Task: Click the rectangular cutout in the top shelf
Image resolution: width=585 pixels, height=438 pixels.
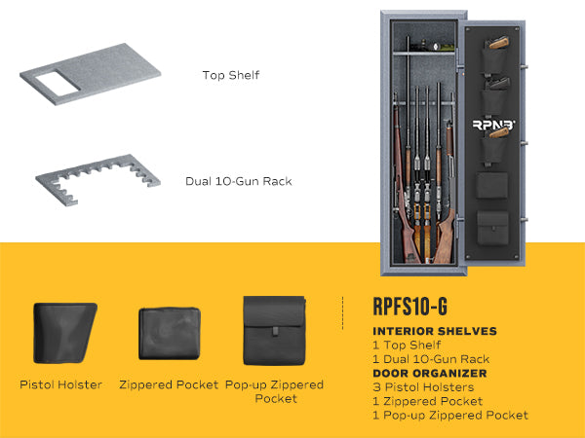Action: [58, 84]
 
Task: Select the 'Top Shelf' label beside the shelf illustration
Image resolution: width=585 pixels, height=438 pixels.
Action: [231, 75]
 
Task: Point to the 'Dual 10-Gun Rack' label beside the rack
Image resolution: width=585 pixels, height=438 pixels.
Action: [239, 181]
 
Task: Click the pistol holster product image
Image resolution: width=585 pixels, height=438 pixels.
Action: [65, 333]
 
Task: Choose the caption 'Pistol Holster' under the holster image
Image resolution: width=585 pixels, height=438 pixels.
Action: [60, 384]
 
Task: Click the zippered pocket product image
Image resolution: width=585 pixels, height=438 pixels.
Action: [170, 333]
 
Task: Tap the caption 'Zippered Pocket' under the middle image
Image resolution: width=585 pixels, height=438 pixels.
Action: [169, 384]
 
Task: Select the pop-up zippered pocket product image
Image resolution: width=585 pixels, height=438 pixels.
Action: [275, 331]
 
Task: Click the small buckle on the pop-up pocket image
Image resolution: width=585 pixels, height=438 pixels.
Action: [275, 331]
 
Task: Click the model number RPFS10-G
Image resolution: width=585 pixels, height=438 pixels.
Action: [410, 307]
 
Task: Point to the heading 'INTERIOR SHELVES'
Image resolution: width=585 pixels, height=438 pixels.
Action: [435, 331]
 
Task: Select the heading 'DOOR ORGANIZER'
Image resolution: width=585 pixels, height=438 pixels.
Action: [430, 373]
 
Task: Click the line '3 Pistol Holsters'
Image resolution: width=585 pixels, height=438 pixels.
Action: [423, 387]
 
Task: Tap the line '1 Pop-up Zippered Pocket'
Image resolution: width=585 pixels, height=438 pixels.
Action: [450, 416]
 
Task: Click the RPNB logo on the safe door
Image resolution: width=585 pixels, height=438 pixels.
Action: [493, 125]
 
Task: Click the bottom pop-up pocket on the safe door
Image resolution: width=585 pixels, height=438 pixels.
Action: [492, 228]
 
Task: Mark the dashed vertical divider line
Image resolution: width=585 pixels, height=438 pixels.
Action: [342, 313]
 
